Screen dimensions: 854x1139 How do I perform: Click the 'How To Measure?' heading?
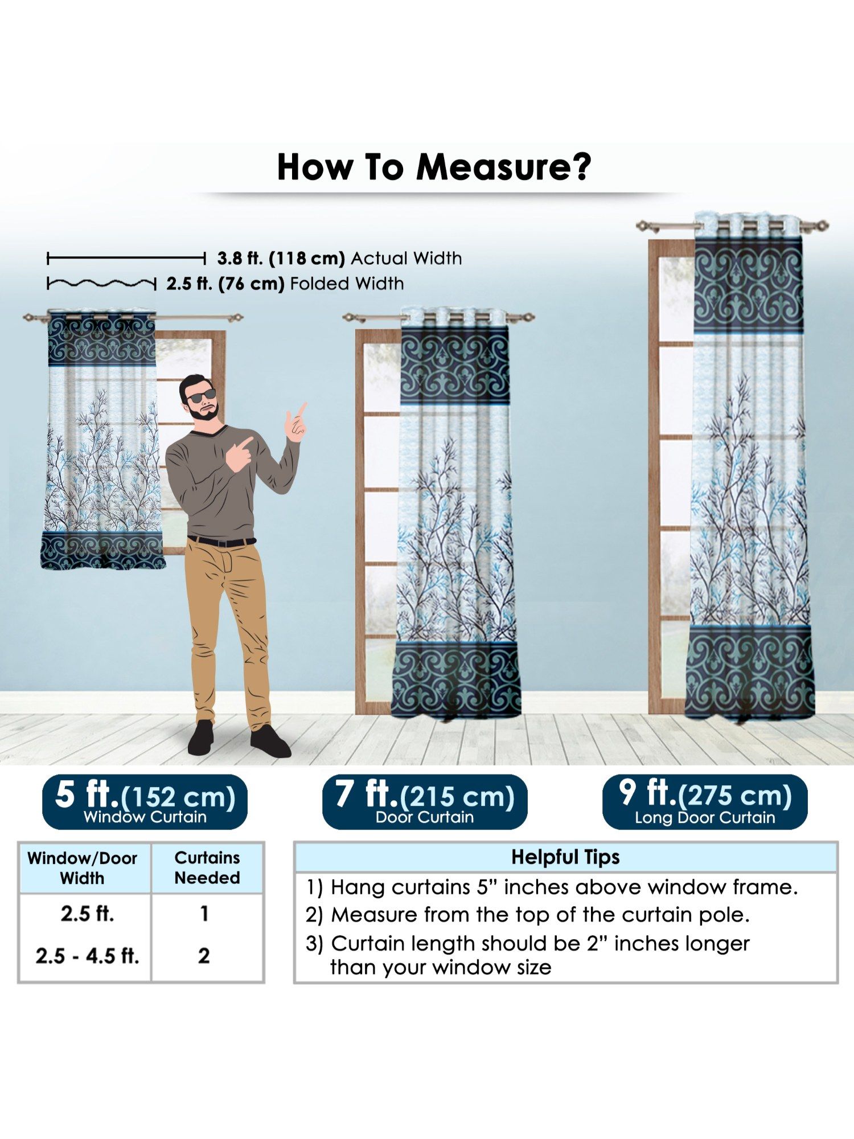[x=434, y=167]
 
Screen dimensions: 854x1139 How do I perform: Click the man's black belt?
[x=222, y=541]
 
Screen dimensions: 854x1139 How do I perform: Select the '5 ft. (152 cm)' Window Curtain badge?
[x=145, y=801]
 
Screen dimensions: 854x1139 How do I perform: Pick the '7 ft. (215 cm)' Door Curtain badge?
[x=425, y=801]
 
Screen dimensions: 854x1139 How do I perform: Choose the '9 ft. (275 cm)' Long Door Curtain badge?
[x=705, y=801]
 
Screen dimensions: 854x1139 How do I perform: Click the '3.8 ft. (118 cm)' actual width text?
[x=281, y=259]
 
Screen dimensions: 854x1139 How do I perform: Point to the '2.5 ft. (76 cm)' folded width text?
[x=225, y=284]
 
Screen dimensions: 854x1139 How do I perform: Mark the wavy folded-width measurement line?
[x=101, y=283]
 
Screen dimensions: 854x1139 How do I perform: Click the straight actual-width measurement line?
[x=126, y=259]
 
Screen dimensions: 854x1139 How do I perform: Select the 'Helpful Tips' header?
[x=565, y=857]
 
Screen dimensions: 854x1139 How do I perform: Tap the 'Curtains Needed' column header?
[x=207, y=867]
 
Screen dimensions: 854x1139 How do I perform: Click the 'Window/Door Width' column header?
[x=83, y=868]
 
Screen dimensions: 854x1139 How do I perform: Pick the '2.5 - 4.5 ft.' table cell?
[x=88, y=956]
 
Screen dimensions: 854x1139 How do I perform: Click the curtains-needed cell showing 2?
[x=204, y=956]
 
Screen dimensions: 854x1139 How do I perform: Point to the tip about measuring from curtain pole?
[x=528, y=915]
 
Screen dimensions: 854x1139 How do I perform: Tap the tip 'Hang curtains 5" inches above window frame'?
[x=552, y=887]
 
